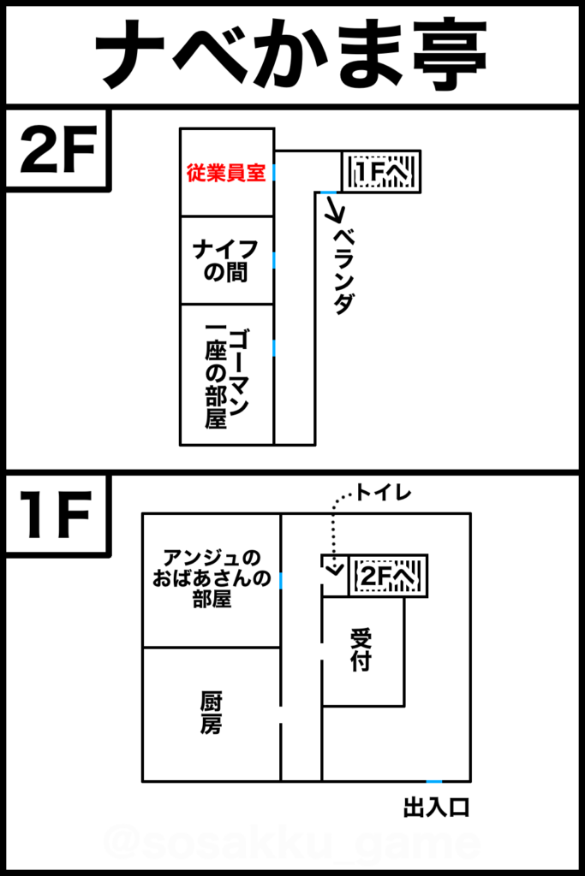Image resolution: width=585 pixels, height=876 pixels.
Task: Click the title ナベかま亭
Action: (x=291, y=56)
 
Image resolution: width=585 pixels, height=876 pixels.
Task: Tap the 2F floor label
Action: (x=58, y=149)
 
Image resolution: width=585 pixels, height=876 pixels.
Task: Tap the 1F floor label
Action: (x=56, y=514)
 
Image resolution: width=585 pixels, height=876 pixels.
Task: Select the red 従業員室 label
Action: (x=226, y=173)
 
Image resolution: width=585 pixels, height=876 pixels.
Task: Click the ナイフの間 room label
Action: (x=225, y=260)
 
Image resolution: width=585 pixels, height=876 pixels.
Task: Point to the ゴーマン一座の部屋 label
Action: (x=226, y=377)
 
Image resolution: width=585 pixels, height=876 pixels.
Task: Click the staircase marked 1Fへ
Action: (x=381, y=171)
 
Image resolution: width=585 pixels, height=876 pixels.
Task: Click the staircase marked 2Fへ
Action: (x=388, y=576)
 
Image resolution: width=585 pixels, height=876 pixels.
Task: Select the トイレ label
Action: (x=383, y=493)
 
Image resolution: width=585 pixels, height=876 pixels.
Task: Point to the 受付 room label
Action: (x=361, y=649)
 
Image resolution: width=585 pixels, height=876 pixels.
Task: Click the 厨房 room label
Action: (x=211, y=713)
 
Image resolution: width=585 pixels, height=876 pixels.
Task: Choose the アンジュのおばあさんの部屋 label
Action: (x=212, y=578)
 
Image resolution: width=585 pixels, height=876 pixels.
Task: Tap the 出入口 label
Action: (x=436, y=808)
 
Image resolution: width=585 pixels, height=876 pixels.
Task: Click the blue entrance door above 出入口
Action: (x=434, y=782)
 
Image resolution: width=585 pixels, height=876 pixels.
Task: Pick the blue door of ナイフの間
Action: (x=274, y=260)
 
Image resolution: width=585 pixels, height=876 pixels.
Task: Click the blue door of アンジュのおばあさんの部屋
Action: (x=280, y=580)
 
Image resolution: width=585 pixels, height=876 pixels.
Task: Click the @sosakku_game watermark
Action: (x=291, y=843)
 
